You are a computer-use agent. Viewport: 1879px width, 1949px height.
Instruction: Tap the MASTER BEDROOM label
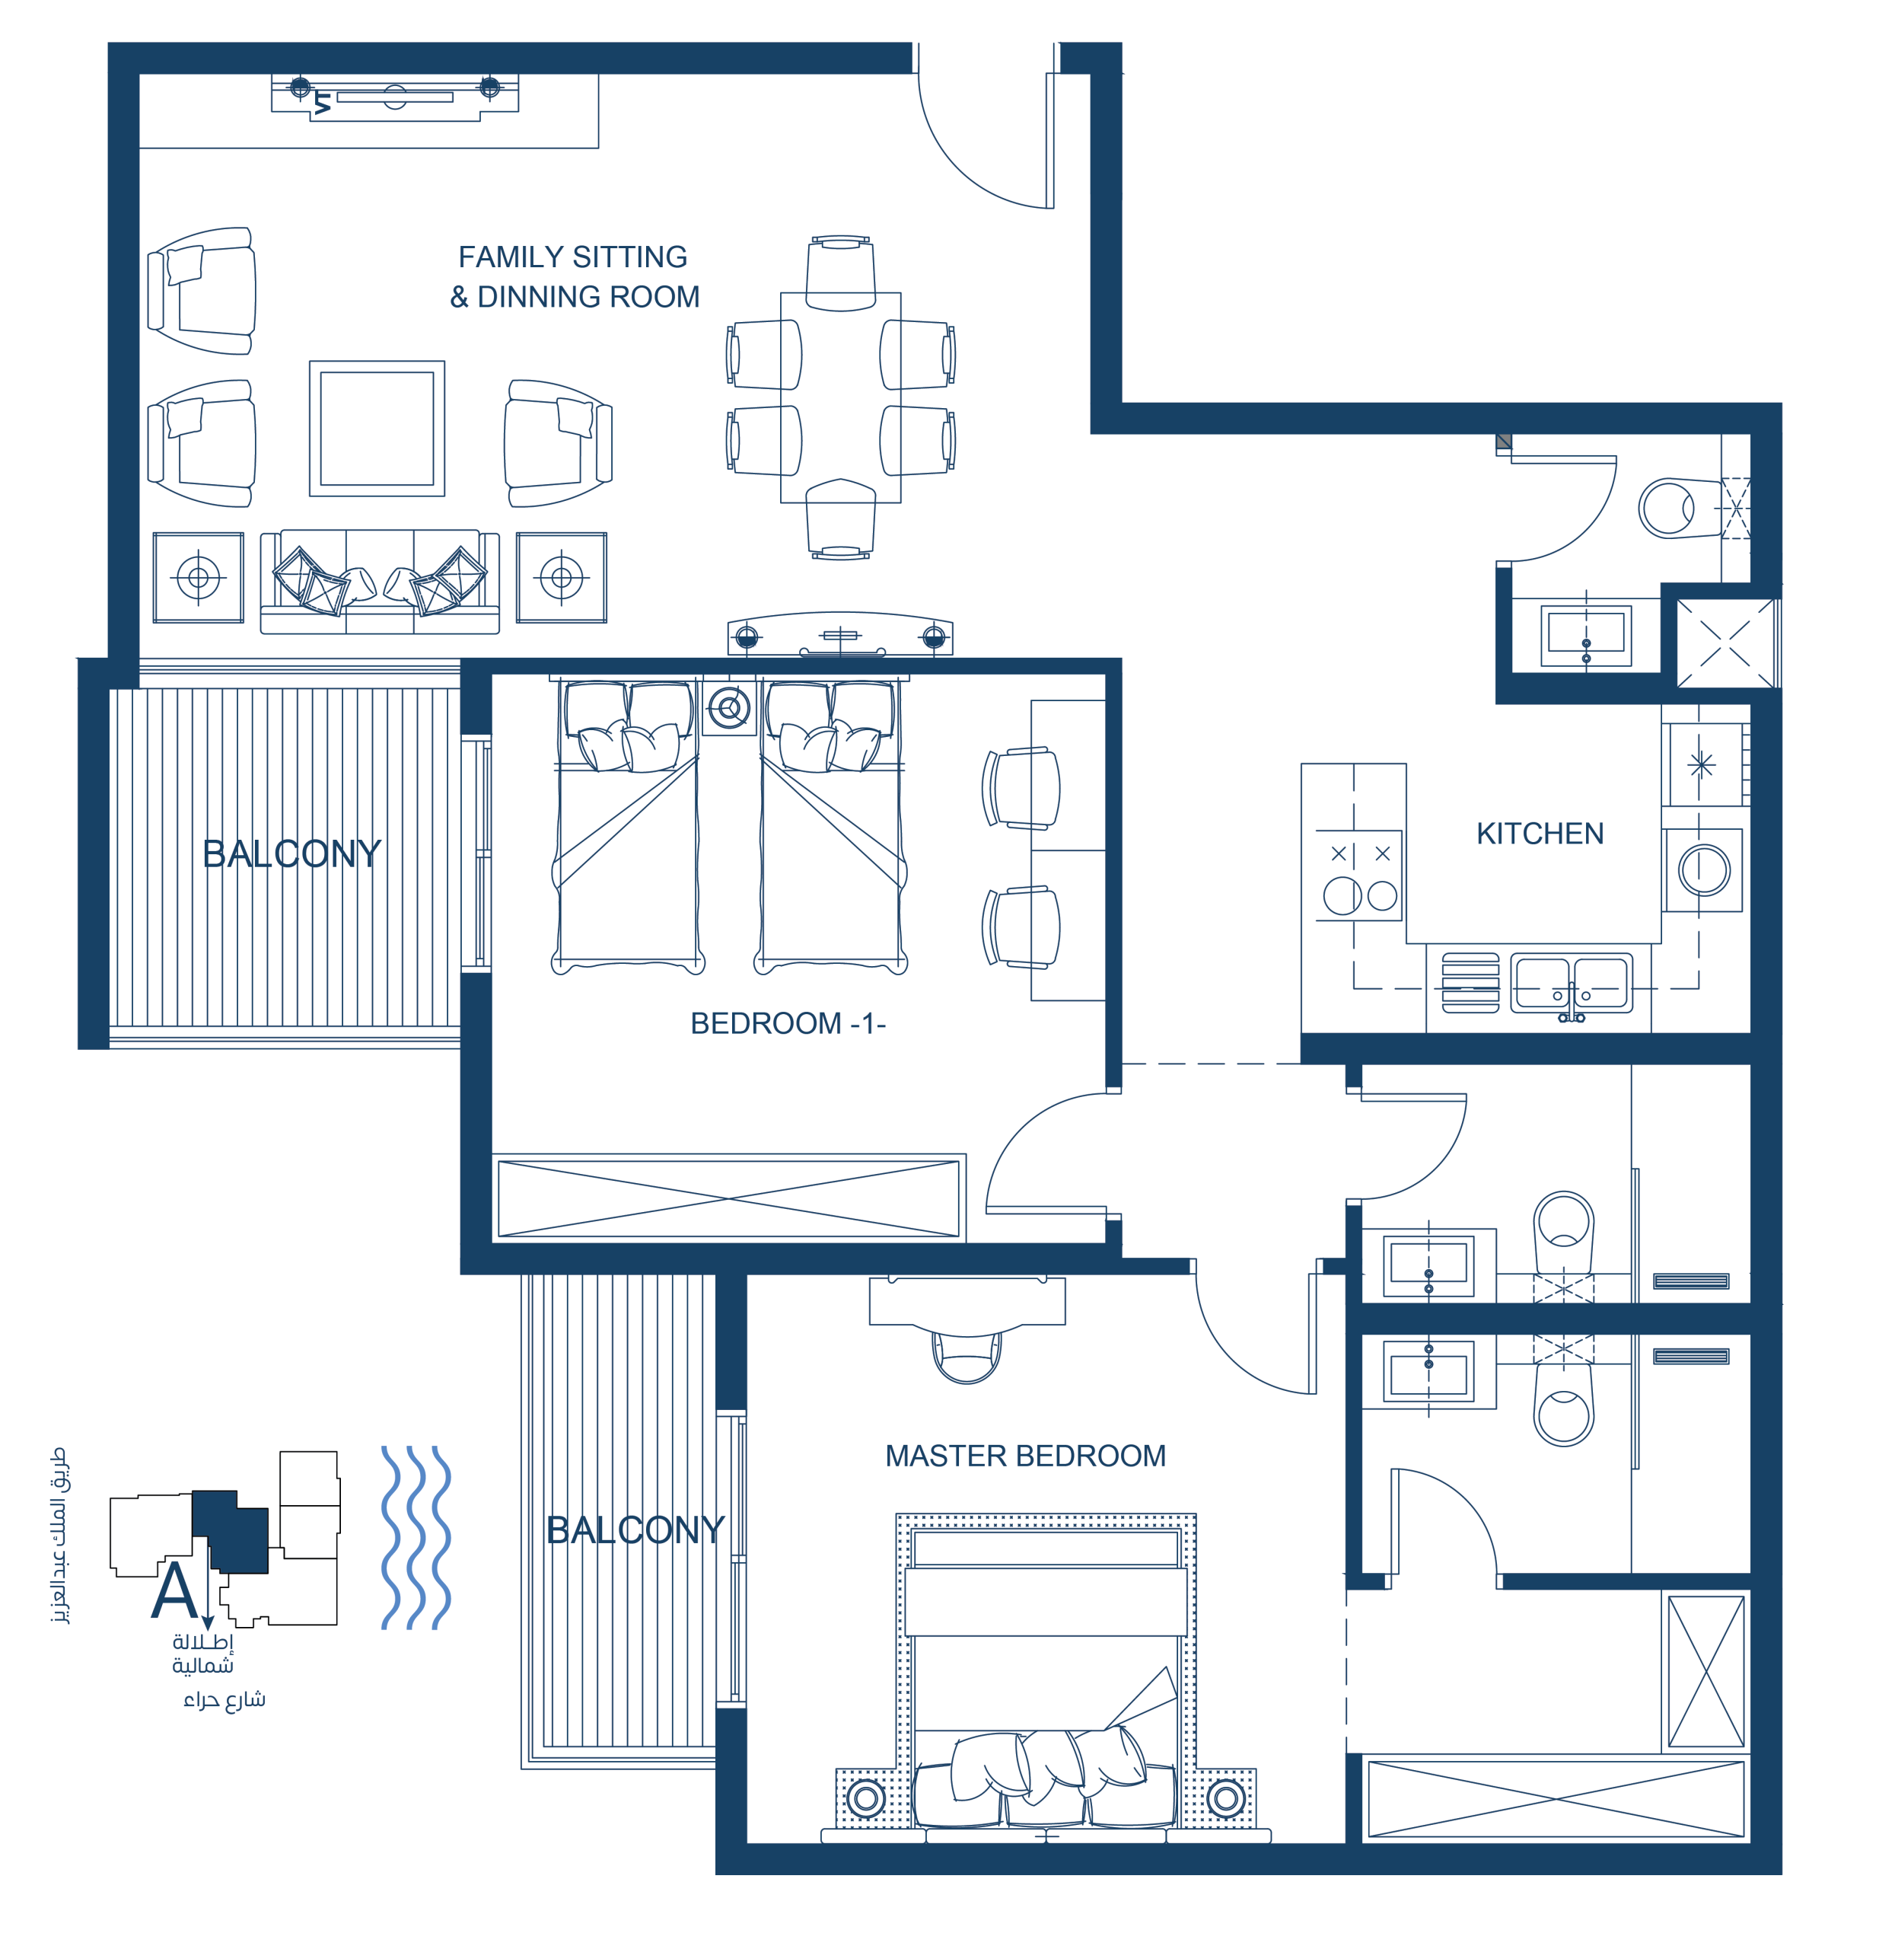click(1025, 1456)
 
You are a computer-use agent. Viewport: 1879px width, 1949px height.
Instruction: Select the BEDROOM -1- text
click(788, 1023)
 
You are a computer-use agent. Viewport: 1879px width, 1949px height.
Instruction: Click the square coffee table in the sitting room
click(377, 429)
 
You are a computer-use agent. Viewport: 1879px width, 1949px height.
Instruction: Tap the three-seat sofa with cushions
click(380, 582)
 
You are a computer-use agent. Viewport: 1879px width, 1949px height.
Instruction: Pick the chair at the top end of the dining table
click(840, 273)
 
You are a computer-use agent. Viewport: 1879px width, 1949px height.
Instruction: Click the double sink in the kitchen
click(1571, 984)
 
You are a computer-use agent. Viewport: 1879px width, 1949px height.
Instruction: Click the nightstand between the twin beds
click(729, 708)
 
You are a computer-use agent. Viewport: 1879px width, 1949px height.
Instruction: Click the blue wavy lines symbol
click(416, 1537)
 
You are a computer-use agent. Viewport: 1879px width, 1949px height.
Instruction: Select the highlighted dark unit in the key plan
click(231, 1531)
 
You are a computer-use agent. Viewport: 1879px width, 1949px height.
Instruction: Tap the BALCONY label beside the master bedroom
click(635, 1530)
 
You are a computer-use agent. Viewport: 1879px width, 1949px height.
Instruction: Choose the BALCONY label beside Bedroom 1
click(291, 853)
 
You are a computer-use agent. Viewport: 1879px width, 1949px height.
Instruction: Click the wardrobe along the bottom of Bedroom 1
click(729, 1199)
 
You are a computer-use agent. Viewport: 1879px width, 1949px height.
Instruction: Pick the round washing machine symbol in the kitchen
click(1704, 870)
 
